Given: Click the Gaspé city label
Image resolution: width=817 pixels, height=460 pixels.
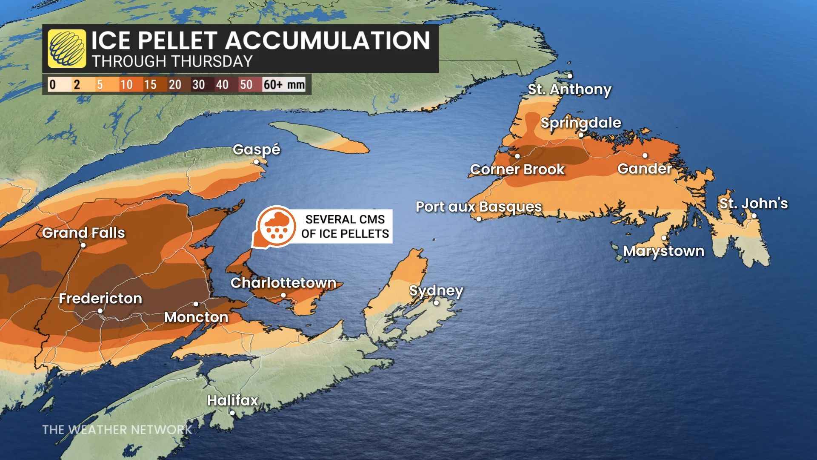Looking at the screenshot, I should tap(256, 149).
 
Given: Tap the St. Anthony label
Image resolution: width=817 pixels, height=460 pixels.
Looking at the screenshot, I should tap(569, 89).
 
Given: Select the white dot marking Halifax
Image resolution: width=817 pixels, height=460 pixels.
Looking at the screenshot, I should tap(232, 413).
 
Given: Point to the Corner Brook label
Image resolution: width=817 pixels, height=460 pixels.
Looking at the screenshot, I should tap(517, 170).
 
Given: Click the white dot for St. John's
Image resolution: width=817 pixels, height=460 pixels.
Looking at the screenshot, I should tap(754, 216).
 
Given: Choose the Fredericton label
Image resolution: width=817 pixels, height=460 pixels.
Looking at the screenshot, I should tap(100, 299).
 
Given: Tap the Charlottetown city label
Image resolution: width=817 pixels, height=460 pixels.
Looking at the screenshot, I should tap(283, 283).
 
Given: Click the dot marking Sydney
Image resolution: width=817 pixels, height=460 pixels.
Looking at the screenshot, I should tap(436, 303).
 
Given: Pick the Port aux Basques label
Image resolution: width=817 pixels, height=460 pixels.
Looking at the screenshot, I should tap(479, 207).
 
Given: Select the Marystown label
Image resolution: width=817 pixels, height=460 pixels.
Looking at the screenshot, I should tap(664, 251).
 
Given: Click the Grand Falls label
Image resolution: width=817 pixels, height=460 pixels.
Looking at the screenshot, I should tap(83, 233).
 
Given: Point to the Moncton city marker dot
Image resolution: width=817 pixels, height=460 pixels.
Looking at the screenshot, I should tap(196, 304).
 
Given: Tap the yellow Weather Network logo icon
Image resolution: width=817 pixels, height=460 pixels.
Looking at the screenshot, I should tap(67, 49).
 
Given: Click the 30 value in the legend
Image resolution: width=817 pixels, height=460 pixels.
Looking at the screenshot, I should tap(198, 84).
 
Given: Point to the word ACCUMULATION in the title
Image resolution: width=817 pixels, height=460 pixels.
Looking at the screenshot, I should tap(327, 41).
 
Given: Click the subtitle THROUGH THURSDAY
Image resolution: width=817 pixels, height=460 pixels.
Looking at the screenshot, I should tap(172, 62).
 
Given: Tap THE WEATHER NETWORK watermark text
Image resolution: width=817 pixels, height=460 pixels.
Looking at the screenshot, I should tap(117, 430).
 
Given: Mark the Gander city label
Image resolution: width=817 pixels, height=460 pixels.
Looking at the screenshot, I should tap(644, 169).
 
